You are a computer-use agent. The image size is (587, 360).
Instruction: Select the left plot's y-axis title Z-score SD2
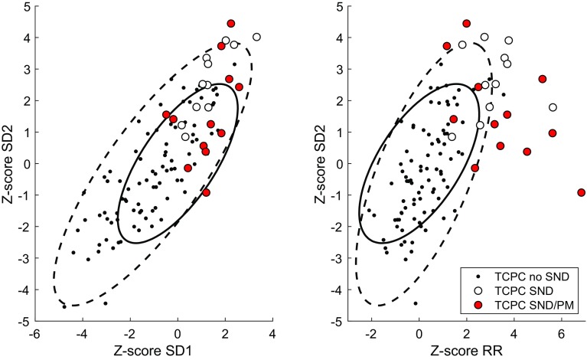(11, 162)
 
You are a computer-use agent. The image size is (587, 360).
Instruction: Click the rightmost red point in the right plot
(581, 192)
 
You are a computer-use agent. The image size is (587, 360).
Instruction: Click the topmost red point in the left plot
(231, 23)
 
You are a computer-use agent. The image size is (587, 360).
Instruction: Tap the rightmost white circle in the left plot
(256, 37)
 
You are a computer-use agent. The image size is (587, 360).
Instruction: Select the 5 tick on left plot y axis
(26, 5)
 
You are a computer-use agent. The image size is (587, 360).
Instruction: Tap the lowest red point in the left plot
(206, 192)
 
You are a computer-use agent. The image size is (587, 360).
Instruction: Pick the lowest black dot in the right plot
(416, 303)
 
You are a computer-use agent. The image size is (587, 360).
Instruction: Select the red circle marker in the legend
(479, 306)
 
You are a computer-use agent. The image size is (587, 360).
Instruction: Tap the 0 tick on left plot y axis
(26, 163)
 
